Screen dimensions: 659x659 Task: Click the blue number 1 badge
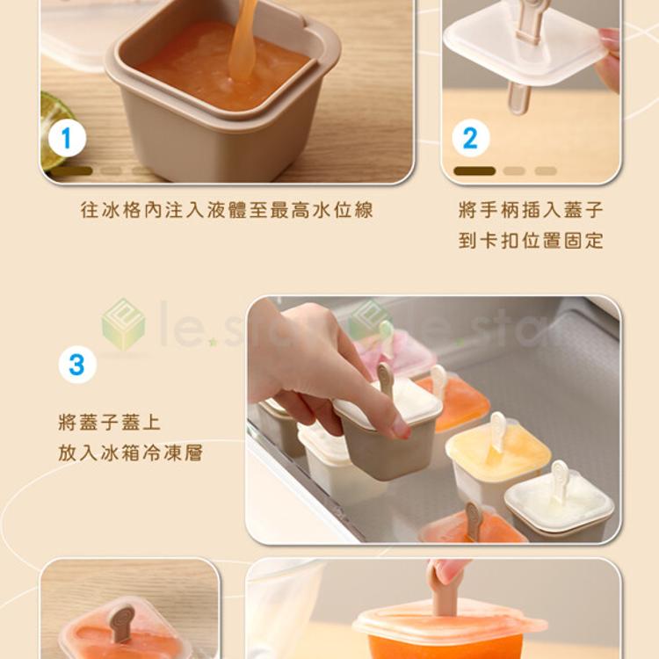click(x=67, y=138)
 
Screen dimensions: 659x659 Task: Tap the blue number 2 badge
click(x=471, y=138)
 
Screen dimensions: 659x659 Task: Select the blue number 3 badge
click(x=77, y=365)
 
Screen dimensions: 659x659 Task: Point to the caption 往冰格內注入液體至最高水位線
click(x=227, y=210)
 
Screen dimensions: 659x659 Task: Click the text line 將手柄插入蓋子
click(x=531, y=210)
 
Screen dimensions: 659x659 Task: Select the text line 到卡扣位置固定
click(x=531, y=241)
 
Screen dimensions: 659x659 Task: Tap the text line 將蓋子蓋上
click(x=110, y=422)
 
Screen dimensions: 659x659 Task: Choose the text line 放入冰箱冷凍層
click(x=131, y=453)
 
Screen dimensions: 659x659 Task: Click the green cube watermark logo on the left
click(x=123, y=324)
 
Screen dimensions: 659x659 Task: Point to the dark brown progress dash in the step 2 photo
click(x=474, y=171)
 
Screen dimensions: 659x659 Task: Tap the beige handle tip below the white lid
click(x=518, y=98)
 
